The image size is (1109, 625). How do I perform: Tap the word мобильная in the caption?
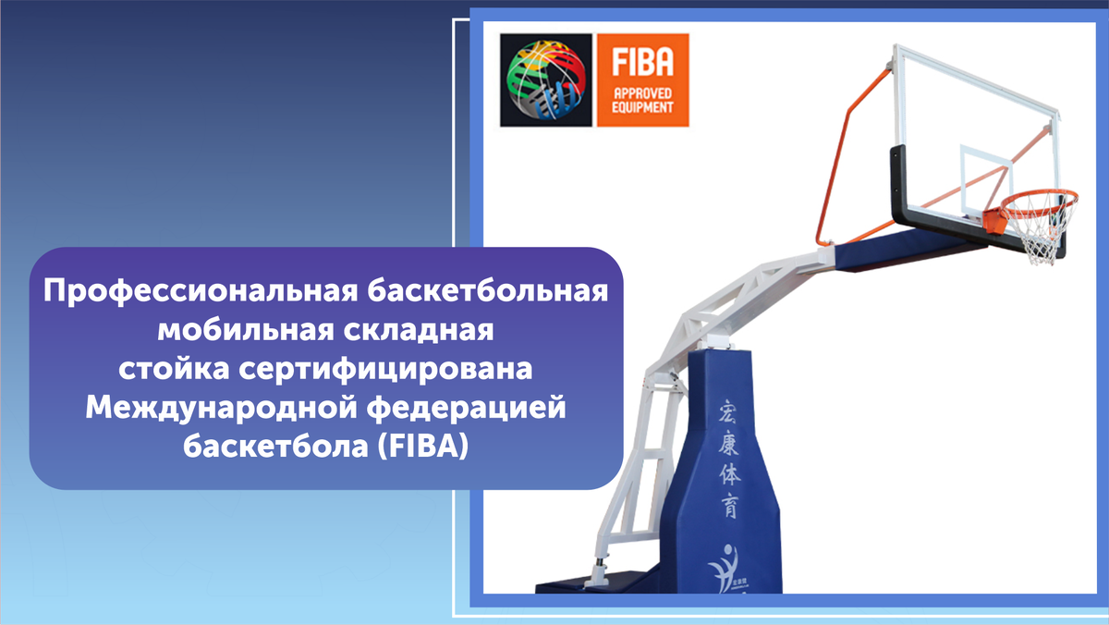(x=246, y=329)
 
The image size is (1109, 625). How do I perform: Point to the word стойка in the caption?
(x=174, y=369)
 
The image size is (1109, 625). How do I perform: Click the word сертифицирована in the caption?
(x=385, y=369)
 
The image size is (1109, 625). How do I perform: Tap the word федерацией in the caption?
(x=467, y=409)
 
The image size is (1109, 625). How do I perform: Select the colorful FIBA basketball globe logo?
(x=545, y=80)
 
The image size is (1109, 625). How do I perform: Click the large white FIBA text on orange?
(x=642, y=61)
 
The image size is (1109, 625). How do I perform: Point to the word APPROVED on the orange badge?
(x=642, y=93)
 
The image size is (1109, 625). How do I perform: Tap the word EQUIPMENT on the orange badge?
(x=642, y=107)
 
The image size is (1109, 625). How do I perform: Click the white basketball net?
(x=1043, y=228)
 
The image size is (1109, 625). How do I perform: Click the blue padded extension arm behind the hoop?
(x=906, y=251)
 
